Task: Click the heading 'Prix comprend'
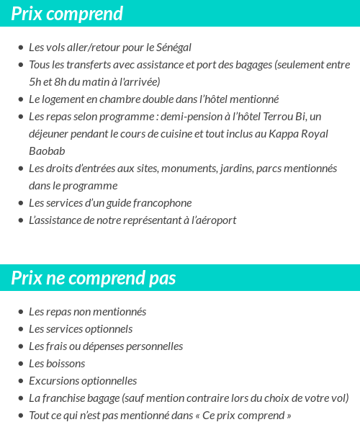(67, 13)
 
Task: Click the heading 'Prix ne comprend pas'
(93, 278)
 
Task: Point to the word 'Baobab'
(47, 151)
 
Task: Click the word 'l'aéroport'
(212, 220)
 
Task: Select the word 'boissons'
(66, 364)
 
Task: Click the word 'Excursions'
(53, 381)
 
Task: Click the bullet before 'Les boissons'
(20, 364)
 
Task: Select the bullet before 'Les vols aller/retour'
(20, 48)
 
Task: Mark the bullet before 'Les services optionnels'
(20, 329)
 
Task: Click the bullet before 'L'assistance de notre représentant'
(20, 220)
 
